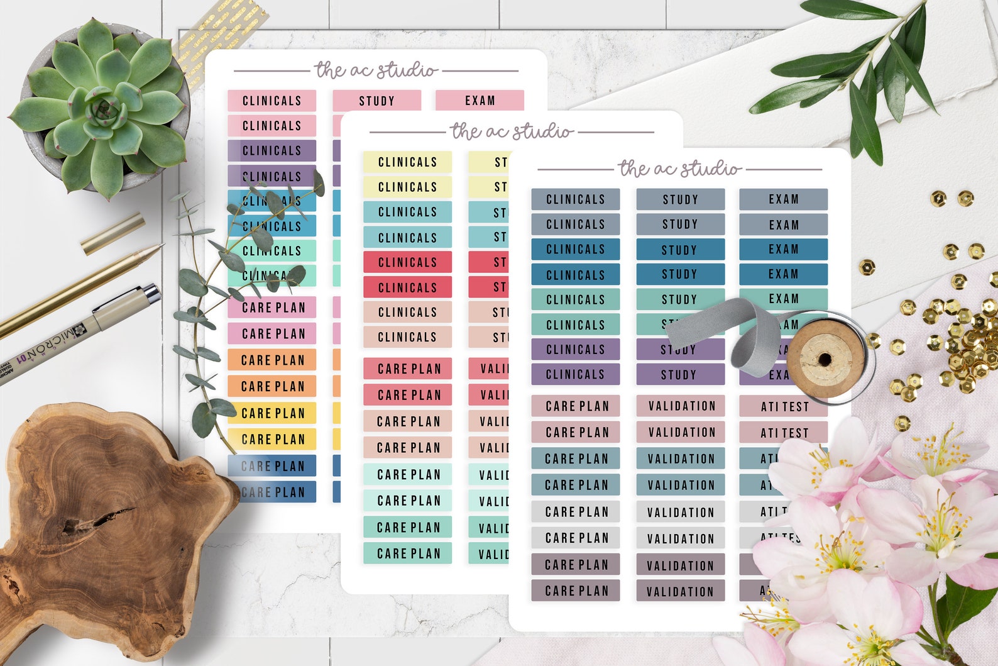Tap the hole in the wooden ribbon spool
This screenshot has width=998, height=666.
point(825,360)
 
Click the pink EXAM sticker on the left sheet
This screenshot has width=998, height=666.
point(480,101)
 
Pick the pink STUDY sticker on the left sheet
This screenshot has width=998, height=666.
point(376,101)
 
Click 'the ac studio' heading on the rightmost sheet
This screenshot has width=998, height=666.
point(679,169)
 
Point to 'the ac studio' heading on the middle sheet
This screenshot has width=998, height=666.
point(512,131)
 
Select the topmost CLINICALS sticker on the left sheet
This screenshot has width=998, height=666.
point(271,101)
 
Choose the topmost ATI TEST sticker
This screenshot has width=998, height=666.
point(784,407)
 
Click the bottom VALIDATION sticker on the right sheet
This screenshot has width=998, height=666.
point(680,591)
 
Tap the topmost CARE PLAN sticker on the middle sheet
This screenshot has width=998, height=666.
point(408,369)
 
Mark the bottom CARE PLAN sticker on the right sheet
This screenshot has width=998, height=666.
point(576,591)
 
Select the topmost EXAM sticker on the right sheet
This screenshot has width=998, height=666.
point(783,199)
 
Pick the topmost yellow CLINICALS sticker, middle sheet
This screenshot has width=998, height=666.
point(407,162)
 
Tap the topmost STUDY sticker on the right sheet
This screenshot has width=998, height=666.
point(680,199)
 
